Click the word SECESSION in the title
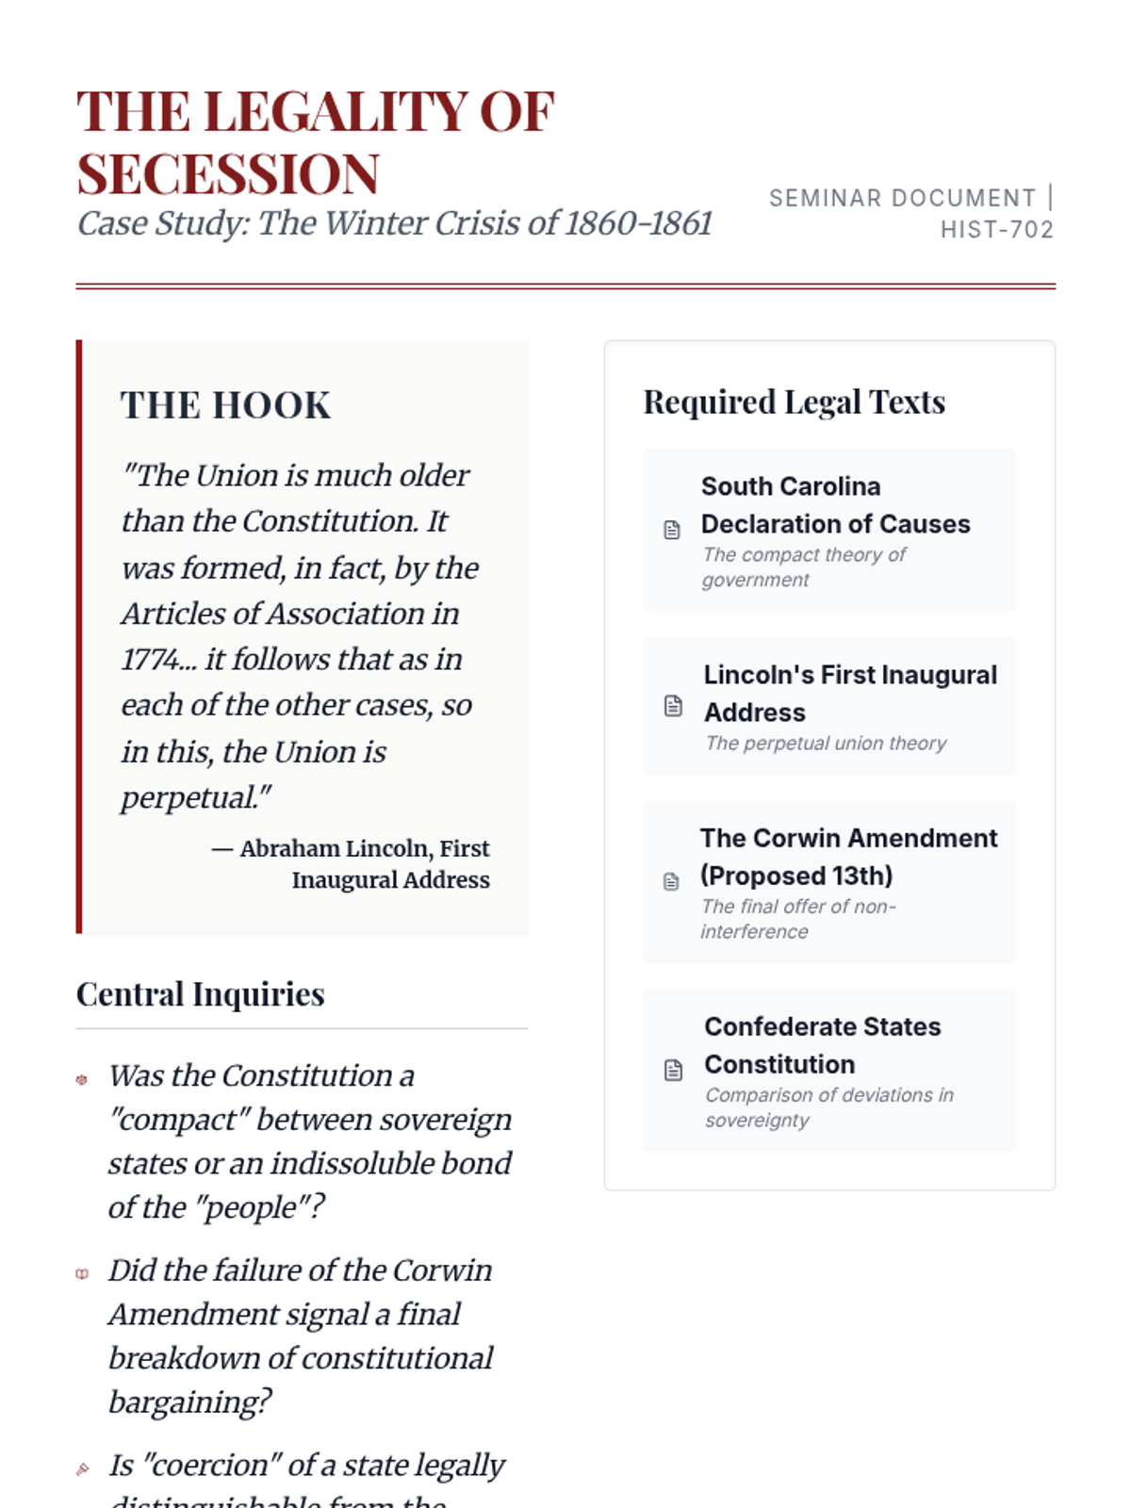[228, 174]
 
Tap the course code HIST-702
[996, 230]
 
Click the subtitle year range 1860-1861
[638, 223]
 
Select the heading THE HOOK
[225, 405]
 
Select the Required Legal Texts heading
[794, 402]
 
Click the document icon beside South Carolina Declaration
[672, 530]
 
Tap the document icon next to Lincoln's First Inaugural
[673, 706]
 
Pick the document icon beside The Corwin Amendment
[671, 881]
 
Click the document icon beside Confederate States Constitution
[673, 1070]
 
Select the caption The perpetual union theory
[826, 744]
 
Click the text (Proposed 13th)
[796, 876]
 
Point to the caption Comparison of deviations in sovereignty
[828, 1107]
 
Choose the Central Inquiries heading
[200, 994]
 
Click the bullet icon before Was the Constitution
[82, 1080]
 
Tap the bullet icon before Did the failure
[82, 1274]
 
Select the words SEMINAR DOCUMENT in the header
[902, 198]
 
